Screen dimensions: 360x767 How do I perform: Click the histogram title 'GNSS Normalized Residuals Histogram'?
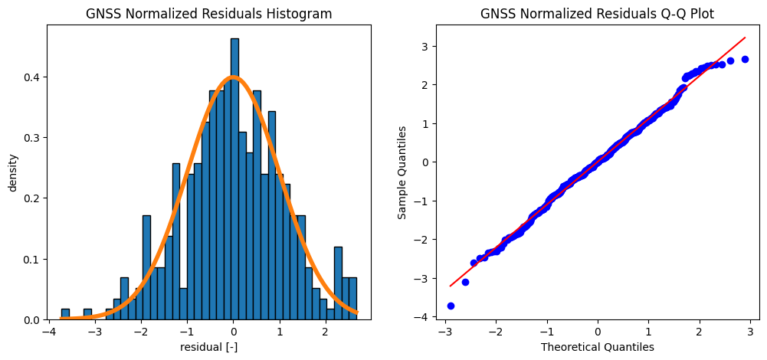pyautogui.click(x=208, y=14)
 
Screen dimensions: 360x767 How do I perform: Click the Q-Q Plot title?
pyautogui.click(x=597, y=14)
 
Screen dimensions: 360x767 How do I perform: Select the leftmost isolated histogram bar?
pyautogui.click(x=65, y=315)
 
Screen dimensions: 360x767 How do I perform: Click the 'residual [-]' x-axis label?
pyautogui.click(x=208, y=346)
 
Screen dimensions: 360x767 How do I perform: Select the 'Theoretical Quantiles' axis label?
pyautogui.click(x=597, y=346)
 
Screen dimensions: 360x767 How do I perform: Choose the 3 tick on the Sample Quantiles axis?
pyautogui.click(x=425, y=47)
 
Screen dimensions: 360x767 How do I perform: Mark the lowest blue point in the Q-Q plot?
pyautogui.click(x=451, y=306)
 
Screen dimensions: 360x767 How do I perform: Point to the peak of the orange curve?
pyautogui.click(x=234, y=77)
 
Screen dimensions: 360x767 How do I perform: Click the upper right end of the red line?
pyautogui.click(x=745, y=38)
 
